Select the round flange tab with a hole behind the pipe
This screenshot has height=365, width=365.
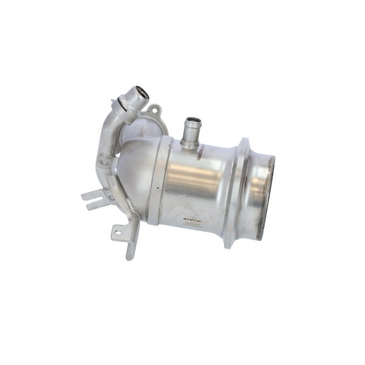155,111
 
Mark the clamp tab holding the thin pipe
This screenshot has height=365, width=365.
105,162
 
